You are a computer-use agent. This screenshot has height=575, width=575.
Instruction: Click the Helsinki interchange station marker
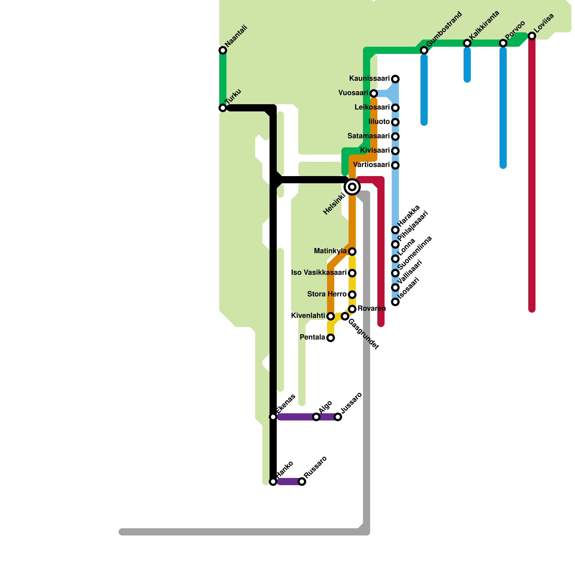352,187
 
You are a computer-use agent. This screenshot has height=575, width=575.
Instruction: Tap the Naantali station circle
223,50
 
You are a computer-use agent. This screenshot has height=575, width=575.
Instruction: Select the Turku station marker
223,108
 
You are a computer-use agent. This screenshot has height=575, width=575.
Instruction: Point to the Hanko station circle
273,482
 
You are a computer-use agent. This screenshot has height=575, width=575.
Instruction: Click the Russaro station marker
302,482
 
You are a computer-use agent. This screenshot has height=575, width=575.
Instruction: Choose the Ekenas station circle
273,417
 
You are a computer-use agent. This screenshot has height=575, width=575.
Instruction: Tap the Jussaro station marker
338,417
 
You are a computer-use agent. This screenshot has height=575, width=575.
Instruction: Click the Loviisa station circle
532,36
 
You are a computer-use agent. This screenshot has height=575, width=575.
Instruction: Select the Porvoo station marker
503,43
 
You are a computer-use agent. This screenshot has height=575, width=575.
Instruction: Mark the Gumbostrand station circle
424,50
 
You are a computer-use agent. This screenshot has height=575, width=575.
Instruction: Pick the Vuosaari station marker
374,93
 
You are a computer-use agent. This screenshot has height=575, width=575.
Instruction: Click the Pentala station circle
331,338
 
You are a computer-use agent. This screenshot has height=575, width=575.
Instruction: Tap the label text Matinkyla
330,251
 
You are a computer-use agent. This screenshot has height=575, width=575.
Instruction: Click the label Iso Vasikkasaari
318,273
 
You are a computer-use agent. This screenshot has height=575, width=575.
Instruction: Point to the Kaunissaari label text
369,78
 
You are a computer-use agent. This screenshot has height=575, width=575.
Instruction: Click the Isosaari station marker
395,302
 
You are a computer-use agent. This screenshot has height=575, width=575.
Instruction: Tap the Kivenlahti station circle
331,316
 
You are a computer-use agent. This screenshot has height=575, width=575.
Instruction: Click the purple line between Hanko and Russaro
287,482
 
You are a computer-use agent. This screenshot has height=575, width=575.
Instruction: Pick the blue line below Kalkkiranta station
467,65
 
